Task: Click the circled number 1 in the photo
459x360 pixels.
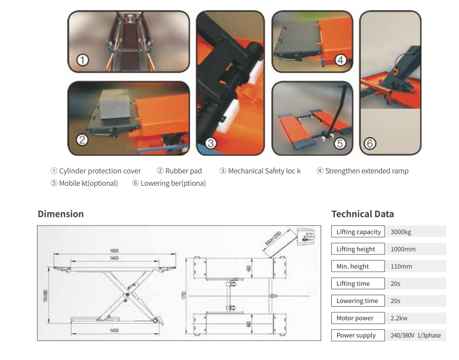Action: coord(82,60)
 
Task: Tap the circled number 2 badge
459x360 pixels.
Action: coord(82,140)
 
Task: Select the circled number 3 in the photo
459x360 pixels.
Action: coord(211,143)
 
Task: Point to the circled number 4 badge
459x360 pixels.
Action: coord(341,60)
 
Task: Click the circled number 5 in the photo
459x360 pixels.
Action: coord(340,143)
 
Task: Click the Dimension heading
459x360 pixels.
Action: coord(61,214)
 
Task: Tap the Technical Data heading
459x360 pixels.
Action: coord(362,214)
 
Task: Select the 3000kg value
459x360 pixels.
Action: coord(400,232)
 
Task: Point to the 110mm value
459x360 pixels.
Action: coord(401,267)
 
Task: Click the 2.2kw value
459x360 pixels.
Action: coord(399,318)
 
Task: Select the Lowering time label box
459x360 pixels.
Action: coord(358,301)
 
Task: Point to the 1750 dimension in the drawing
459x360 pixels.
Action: coord(184,297)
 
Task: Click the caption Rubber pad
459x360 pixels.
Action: coord(183,171)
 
